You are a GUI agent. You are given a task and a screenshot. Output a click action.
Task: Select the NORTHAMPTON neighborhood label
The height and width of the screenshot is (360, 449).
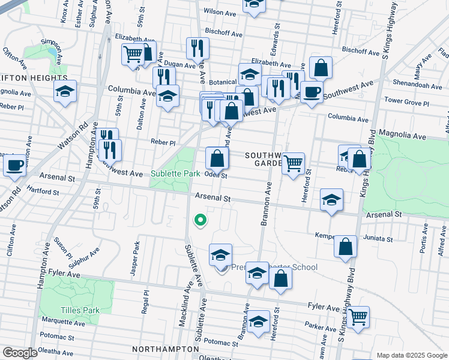(x=166, y=348)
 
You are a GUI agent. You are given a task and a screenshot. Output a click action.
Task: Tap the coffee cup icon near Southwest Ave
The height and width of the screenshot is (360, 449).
(x=312, y=92)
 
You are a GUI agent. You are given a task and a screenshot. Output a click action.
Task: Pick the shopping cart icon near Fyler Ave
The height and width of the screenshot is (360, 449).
(x=358, y=316)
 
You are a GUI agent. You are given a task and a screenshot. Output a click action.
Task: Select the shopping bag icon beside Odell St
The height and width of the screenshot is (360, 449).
(x=217, y=159)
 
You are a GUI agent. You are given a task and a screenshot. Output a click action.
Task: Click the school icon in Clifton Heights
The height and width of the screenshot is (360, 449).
(x=65, y=92)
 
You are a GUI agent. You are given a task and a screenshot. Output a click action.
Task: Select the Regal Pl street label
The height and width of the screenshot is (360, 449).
(x=146, y=298)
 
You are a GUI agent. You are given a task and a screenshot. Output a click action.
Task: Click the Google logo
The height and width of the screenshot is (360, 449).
(x=20, y=353)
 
